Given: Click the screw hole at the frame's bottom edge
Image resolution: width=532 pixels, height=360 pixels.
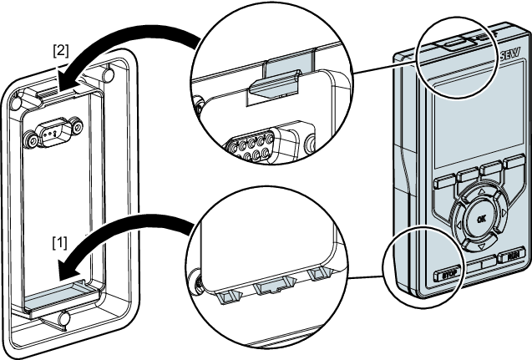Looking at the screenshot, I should (x=66, y=318).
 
